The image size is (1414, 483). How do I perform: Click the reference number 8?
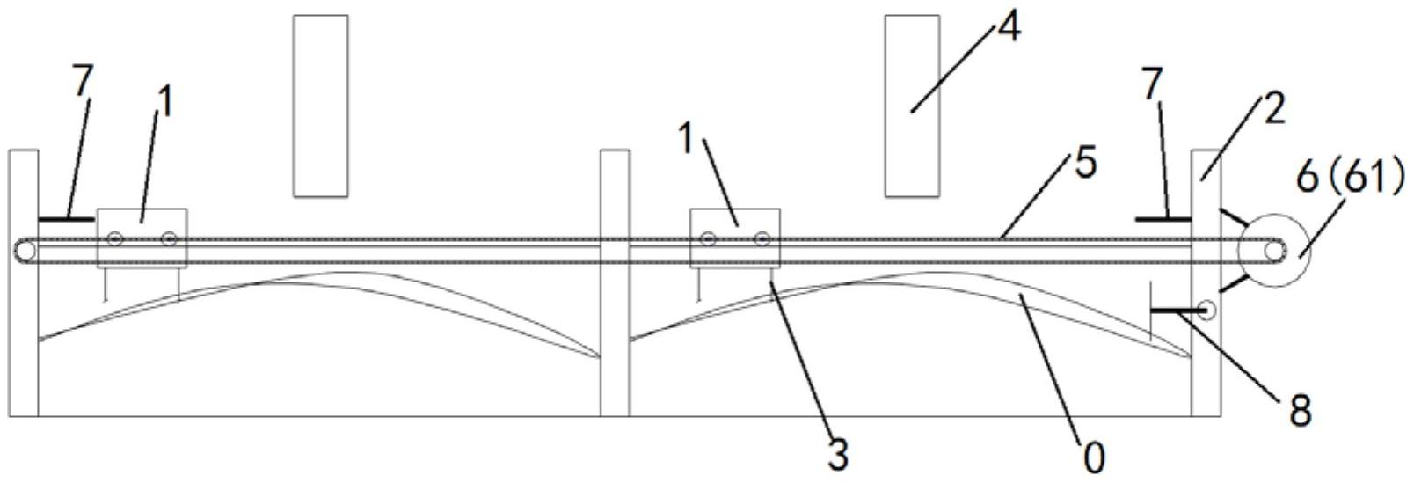(1299, 410)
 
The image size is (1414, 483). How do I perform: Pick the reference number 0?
(1093, 458)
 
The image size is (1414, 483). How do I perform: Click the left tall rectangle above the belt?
(320, 105)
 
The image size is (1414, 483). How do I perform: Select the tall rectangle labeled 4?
(912, 105)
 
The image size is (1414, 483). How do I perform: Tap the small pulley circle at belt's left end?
(25, 252)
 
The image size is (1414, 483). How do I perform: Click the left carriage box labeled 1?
(142, 238)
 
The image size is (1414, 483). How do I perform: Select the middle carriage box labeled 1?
(734, 238)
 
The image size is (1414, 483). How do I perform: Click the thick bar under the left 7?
(67, 218)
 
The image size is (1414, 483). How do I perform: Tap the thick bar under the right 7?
(1163, 218)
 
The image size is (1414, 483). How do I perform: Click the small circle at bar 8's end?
(1206, 309)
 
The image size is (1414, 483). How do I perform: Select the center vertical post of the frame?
(615, 282)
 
